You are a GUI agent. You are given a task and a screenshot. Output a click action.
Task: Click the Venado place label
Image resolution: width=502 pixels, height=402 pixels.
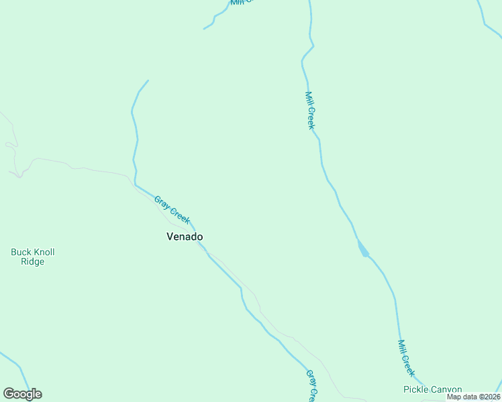point(185,237)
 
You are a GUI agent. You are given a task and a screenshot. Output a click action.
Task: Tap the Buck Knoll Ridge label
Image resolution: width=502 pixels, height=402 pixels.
point(32,257)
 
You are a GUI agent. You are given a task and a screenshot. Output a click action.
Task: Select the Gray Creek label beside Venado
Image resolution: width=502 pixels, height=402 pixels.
point(172,210)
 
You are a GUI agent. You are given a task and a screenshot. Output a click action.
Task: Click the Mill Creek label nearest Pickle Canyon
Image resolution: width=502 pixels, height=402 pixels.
point(406,358)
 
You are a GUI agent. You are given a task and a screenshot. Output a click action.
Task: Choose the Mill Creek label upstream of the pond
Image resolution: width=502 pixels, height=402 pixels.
point(310,111)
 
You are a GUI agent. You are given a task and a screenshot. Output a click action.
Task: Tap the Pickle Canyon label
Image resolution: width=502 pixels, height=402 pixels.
point(432,389)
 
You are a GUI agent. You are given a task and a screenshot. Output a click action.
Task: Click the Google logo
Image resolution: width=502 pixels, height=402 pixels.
point(22,394)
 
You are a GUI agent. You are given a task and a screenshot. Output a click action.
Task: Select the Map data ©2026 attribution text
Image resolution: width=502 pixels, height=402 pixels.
point(474,397)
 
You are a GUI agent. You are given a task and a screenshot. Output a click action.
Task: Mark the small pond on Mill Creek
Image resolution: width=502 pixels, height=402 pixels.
point(362,249)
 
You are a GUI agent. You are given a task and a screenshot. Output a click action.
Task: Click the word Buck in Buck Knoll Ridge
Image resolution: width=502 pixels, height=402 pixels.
point(21,253)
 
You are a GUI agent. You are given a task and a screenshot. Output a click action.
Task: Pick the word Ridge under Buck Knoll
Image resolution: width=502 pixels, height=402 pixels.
point(32,262)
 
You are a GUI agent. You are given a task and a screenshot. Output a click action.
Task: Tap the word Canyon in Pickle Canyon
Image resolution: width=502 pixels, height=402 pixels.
point(446,389)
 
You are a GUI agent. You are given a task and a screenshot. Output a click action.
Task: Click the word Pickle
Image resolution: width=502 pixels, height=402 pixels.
point(415,389)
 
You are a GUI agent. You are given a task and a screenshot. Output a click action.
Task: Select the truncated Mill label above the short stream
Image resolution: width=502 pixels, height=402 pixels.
point(242,2)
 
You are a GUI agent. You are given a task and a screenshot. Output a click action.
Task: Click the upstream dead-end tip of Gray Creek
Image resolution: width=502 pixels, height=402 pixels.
point(148,80)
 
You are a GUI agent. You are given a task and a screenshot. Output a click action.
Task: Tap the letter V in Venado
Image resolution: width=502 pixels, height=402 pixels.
point(170,237)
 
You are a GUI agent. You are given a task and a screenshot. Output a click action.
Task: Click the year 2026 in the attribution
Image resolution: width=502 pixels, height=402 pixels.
point(490,397)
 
